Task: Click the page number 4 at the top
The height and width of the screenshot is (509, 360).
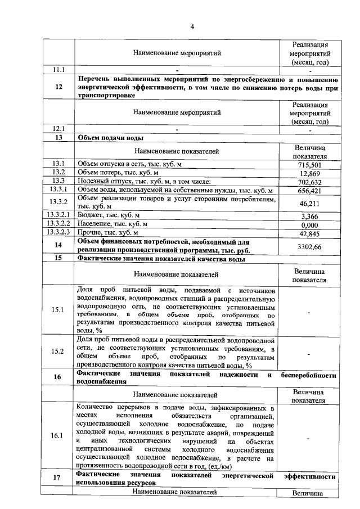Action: (x=192, y=26)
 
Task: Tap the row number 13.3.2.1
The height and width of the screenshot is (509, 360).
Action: (x=58, y=215)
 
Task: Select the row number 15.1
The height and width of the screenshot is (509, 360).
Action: (x=58, y=310)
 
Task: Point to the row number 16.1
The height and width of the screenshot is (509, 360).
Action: (x=58, y=435)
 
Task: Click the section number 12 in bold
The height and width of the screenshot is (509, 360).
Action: (x=58, y=87)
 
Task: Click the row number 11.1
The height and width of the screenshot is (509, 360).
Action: (x=58, y=70)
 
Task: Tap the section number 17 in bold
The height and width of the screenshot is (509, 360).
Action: (x=58, y=479)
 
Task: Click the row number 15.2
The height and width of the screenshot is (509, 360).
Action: (x=58, y=353)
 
